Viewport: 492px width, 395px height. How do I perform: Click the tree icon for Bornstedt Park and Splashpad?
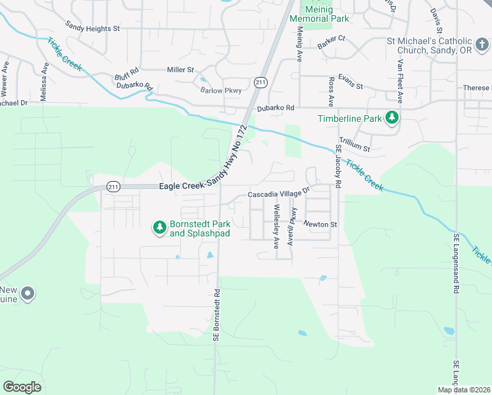tap(159, 227)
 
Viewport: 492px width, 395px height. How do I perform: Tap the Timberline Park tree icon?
tap(392, 118)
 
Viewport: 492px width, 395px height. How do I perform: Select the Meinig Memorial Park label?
tap(327, 18)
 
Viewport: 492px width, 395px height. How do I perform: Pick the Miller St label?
tap(180, 69)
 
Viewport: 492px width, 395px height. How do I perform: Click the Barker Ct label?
tap(331, 43)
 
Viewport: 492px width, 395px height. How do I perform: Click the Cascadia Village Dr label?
tap(278, 194)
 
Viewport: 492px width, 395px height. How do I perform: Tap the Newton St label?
tap(320, 224)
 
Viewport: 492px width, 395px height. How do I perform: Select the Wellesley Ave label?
tap(277, 226)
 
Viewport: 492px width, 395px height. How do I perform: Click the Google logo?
tap(22, 386)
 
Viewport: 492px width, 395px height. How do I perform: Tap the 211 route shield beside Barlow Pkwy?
tap(261, 82)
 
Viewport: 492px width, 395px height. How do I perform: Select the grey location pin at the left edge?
tap(27, 294)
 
